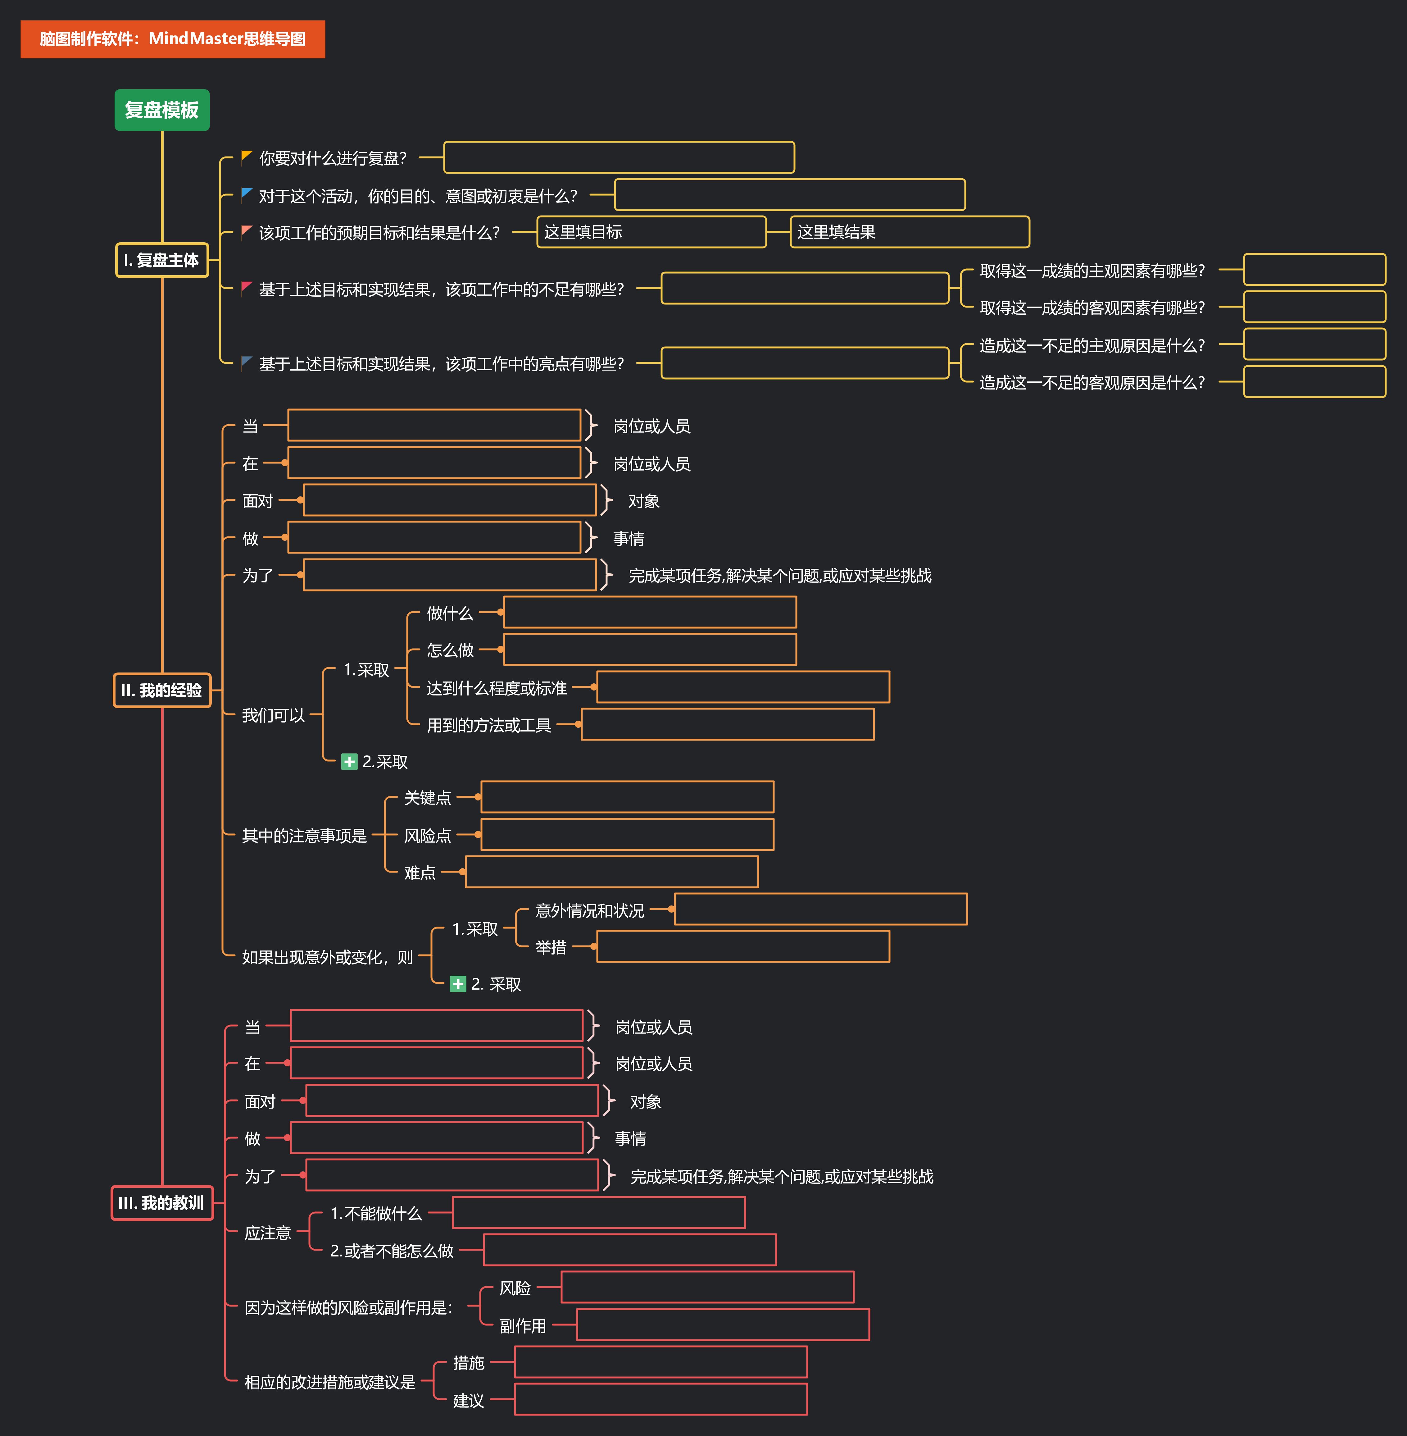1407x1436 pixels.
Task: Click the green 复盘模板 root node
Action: [x=162, y=110]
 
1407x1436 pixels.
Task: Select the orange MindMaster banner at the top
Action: [x=172, y=39]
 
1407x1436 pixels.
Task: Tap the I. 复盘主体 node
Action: [x=162, y=260]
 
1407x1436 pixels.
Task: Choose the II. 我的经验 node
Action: [x=162, y=690]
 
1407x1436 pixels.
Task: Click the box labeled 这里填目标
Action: [x=651, y=232]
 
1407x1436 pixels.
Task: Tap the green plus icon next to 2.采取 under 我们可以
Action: [x=349, y=762]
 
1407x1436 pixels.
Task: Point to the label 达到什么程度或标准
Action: [x=497, y=688]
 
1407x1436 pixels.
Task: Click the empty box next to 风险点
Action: [x=627, y=834]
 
